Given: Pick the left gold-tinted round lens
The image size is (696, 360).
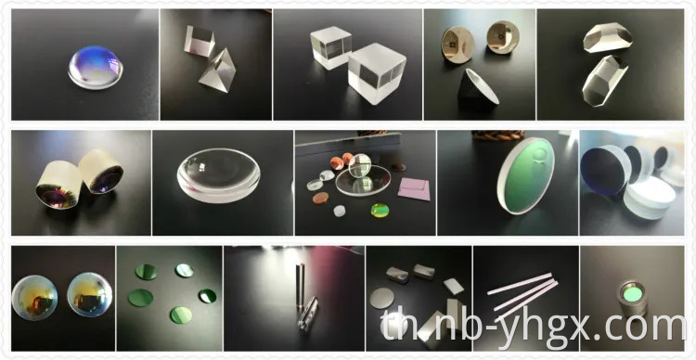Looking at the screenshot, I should pyautogui.click(x=33, y=297).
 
